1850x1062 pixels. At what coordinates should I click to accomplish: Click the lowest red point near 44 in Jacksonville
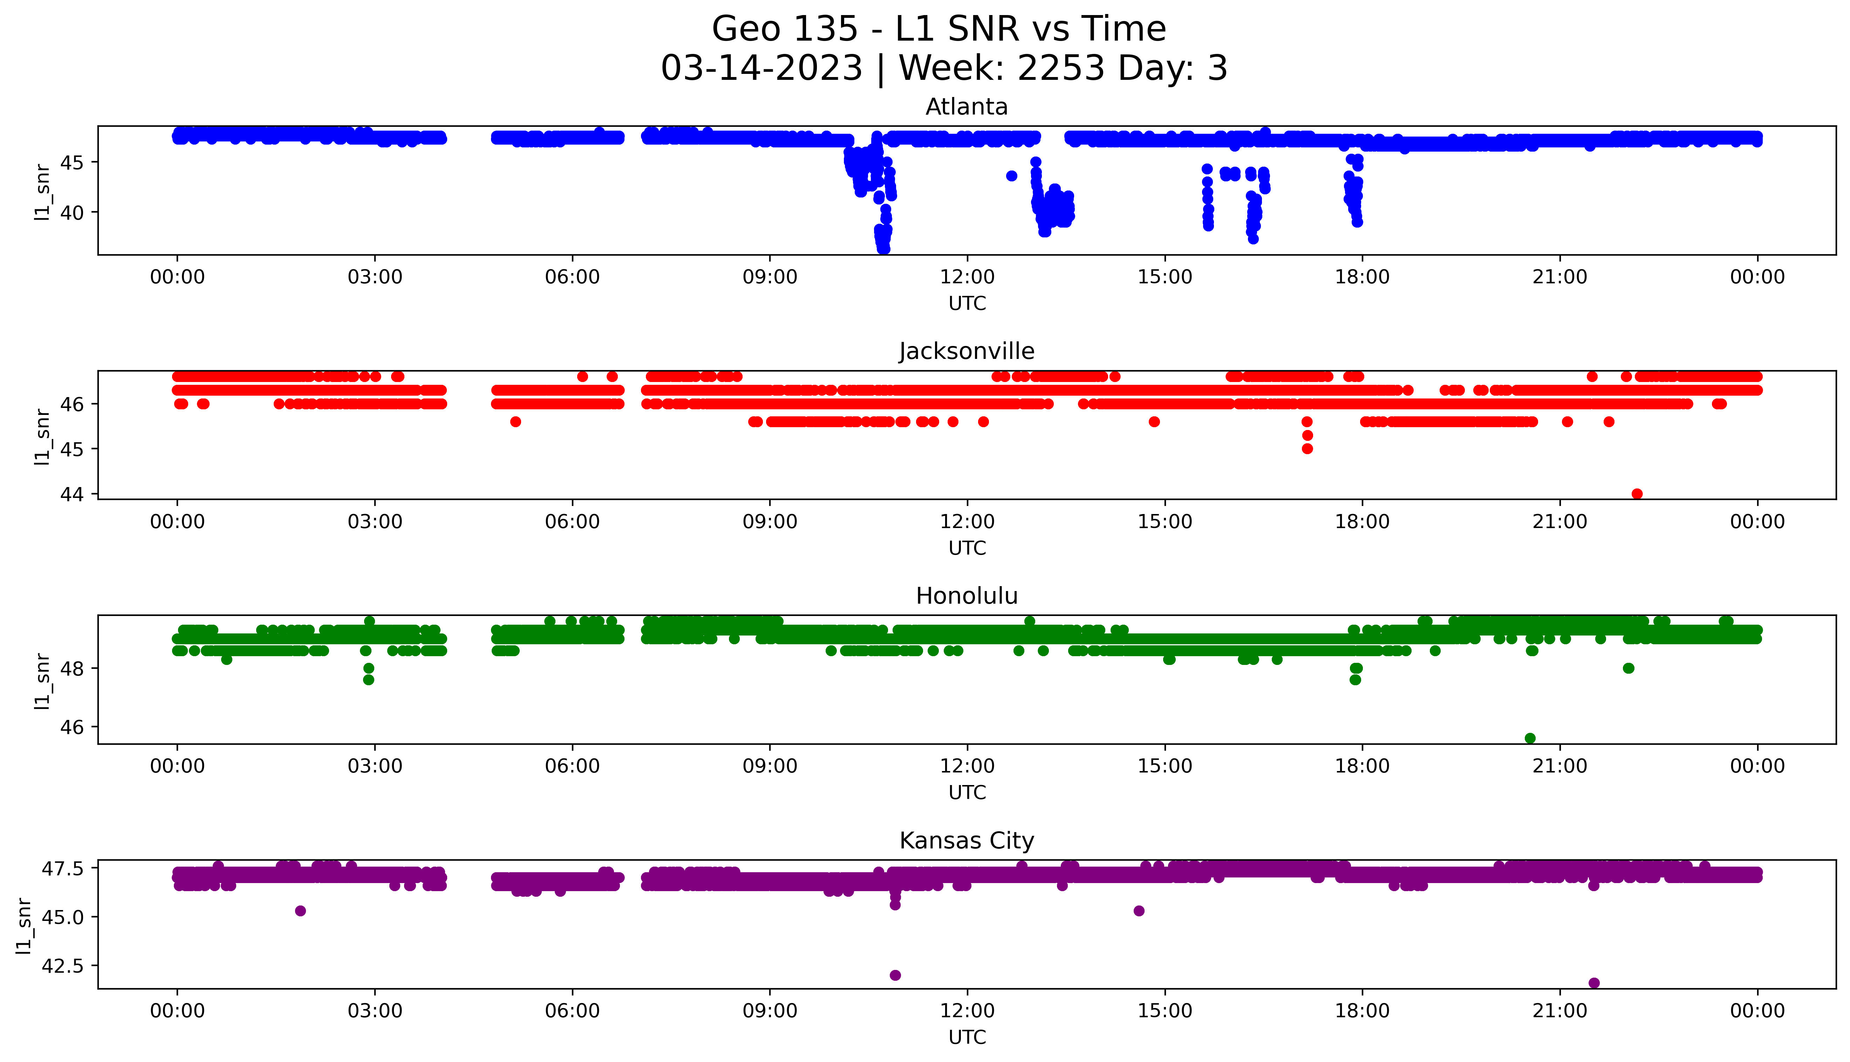click(1637, 494)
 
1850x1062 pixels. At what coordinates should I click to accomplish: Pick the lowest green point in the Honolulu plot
click(1530, 738)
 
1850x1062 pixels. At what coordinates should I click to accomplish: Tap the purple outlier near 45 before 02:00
click(300, 910)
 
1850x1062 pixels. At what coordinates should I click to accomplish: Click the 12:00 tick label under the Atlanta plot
click(967, 277)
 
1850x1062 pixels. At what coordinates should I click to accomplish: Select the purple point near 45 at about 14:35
click(1139, 910)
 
